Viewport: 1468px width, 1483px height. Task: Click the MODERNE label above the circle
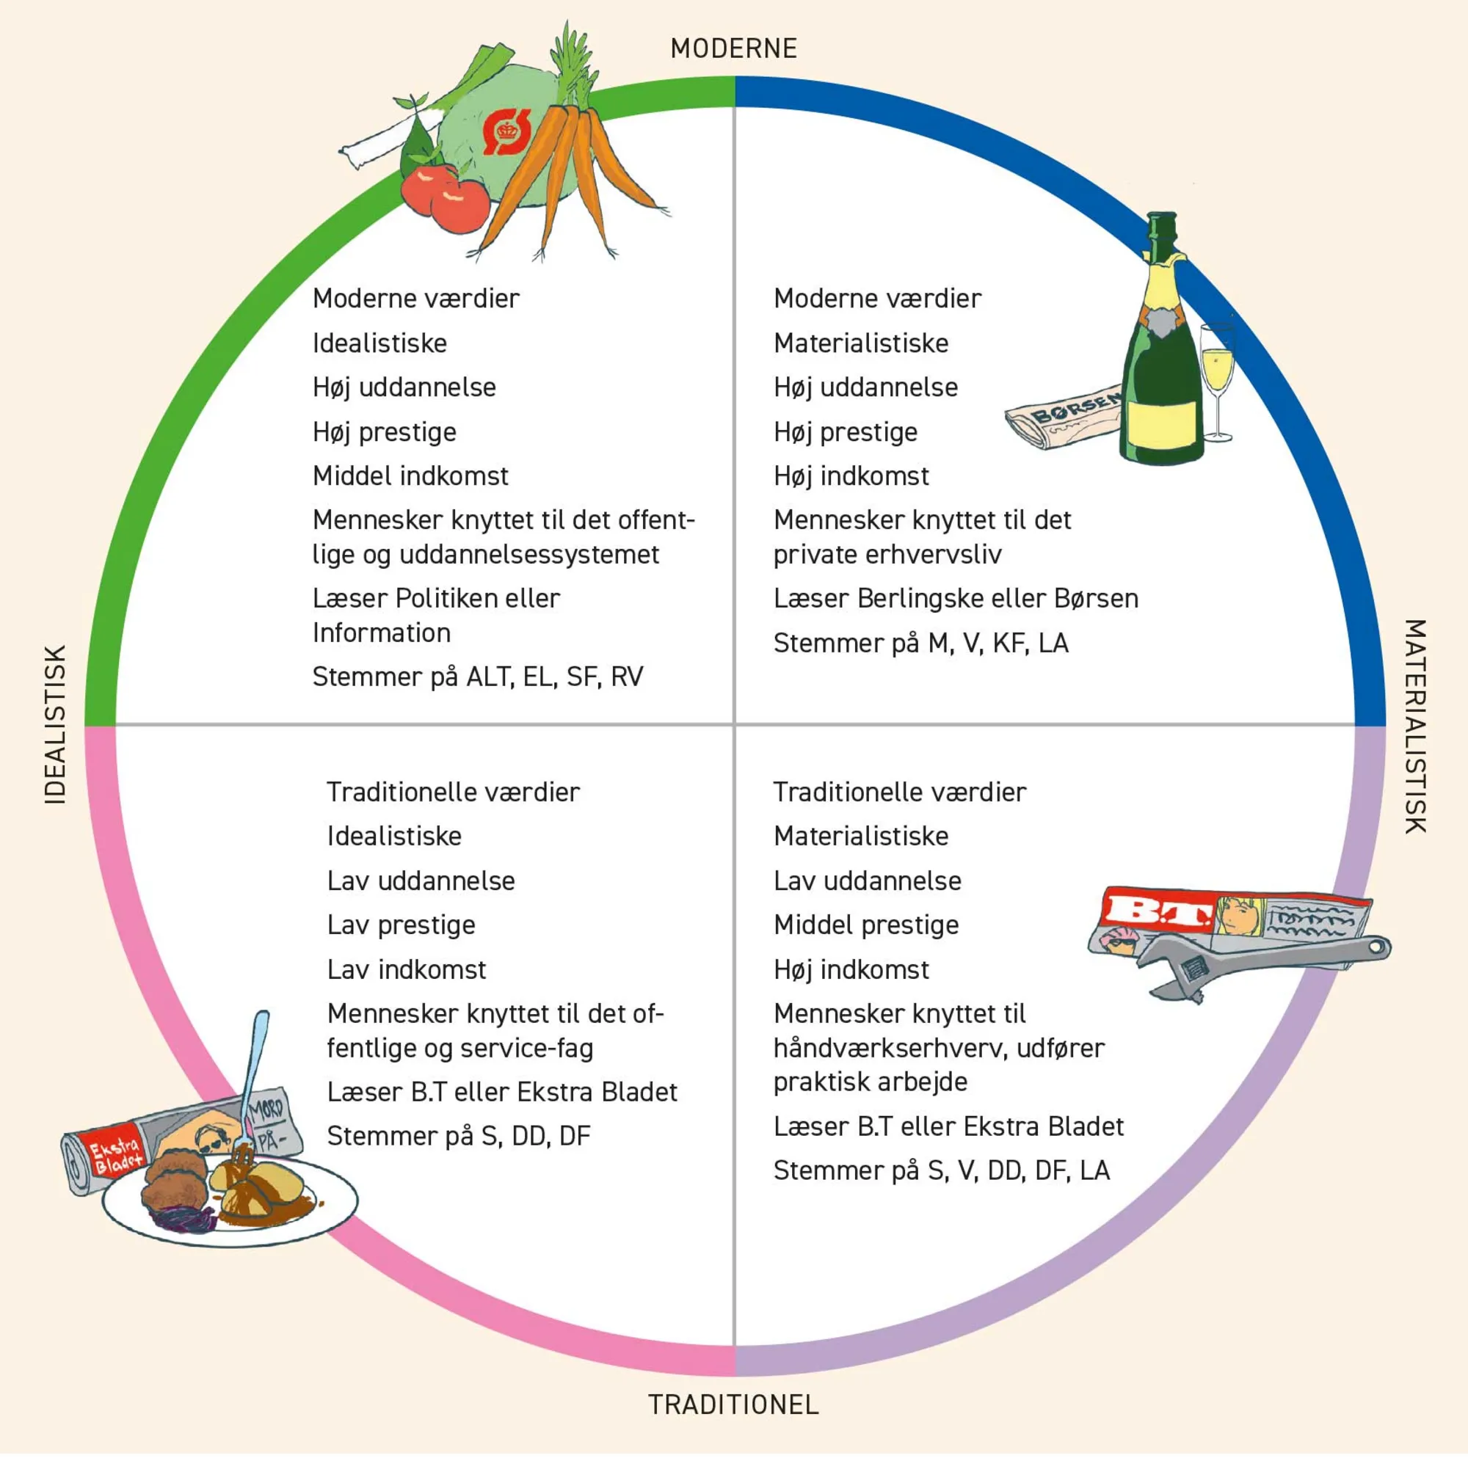733,48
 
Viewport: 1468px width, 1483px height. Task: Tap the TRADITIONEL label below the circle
733,1404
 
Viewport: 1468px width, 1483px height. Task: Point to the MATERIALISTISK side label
1415,726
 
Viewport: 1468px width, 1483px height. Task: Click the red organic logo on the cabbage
506,131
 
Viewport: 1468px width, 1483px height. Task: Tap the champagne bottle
1161,361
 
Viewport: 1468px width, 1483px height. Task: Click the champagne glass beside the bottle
1217,376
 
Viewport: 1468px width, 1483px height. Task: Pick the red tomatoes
446,196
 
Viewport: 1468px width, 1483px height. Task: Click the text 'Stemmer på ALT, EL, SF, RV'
478,677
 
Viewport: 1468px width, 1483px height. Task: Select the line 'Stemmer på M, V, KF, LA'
920,644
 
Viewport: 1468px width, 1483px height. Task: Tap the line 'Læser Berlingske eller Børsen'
955,599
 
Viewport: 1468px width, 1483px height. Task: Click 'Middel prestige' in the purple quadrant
866,925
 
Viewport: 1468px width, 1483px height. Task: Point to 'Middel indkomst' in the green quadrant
410,477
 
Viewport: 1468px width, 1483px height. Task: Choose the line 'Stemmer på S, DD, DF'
458,1136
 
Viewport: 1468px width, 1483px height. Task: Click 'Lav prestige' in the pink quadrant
401,925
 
